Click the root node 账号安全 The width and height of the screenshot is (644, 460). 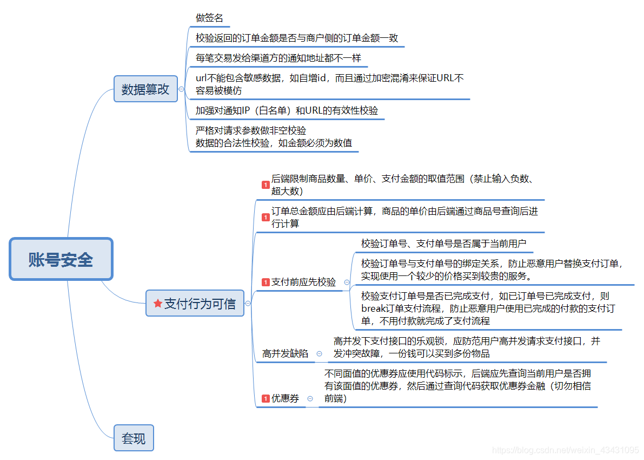(61, 260)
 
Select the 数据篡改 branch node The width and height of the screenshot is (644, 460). (145, 89)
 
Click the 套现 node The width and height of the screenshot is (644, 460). (134, 438)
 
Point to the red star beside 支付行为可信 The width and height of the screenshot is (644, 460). (158, 304)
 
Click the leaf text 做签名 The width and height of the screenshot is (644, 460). (209, 18)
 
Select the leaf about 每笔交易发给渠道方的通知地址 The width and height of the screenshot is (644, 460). (278, 58)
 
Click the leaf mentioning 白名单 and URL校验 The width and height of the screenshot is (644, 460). (287, 110)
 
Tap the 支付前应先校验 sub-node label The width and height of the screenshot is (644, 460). (303, 282)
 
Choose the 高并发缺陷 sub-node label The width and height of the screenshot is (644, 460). (285, 354)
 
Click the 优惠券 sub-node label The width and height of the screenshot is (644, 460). (285, 399)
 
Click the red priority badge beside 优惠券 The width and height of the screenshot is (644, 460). (265, 399)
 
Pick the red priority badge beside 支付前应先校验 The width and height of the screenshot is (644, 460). (265, 282)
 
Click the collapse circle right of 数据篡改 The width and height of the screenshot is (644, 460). (181, 89)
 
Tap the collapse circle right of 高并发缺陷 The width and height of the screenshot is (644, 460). (319, 354)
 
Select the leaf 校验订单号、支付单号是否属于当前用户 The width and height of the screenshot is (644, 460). (443, 244)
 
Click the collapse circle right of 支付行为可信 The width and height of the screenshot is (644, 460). (248, 304)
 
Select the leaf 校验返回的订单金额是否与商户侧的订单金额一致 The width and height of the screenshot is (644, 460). (296, 38)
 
